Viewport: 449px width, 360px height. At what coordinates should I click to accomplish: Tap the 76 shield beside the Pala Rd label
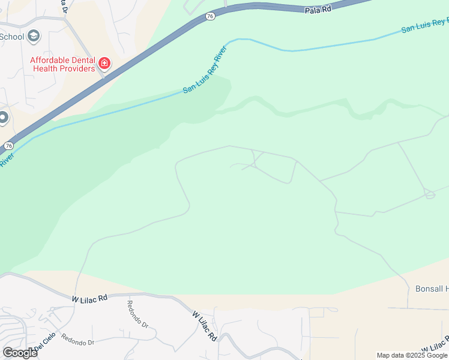[209, 16]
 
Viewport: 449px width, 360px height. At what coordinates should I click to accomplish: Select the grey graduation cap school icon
[34, 37]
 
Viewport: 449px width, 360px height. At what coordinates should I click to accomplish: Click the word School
[11, 37]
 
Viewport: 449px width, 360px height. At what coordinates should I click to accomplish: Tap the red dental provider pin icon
[104, 62]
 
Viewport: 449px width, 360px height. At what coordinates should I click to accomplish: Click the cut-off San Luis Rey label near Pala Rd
[424, 25]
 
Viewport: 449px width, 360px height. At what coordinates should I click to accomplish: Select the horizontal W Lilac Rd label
[89, 297]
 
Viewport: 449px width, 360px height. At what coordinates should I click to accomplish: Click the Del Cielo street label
[44, 343]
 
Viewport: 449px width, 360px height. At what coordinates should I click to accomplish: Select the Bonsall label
[432, 289]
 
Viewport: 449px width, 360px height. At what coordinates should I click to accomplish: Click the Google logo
[20, 353]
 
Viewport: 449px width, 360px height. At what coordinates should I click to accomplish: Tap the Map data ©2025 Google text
[412, 355]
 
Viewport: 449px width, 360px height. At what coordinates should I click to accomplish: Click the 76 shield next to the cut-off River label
[8, 146]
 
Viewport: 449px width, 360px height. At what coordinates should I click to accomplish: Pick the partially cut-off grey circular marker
[3, 118]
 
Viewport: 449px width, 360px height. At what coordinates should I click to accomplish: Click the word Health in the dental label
[46, 68]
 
